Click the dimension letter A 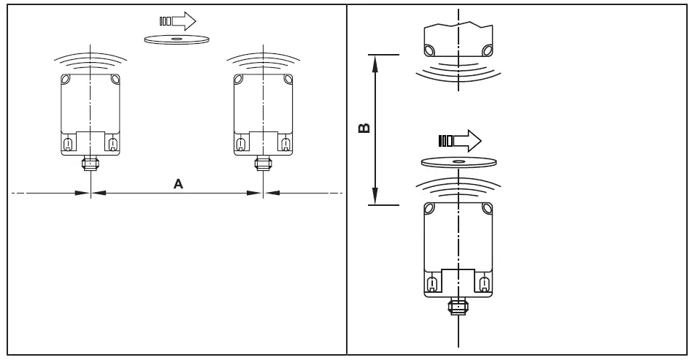(x=177, y=185)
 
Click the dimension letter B (x=364, y=129)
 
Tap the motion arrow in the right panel (x=458, y=140)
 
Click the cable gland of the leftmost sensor (x=89, y=161)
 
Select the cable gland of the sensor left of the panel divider (x=261, y=161)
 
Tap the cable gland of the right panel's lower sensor (x=458, y=305)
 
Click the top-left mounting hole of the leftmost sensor (x=66, y=80)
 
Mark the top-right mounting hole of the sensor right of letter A (x=285, y=80)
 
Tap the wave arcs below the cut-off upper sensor (x=458, y=69)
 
